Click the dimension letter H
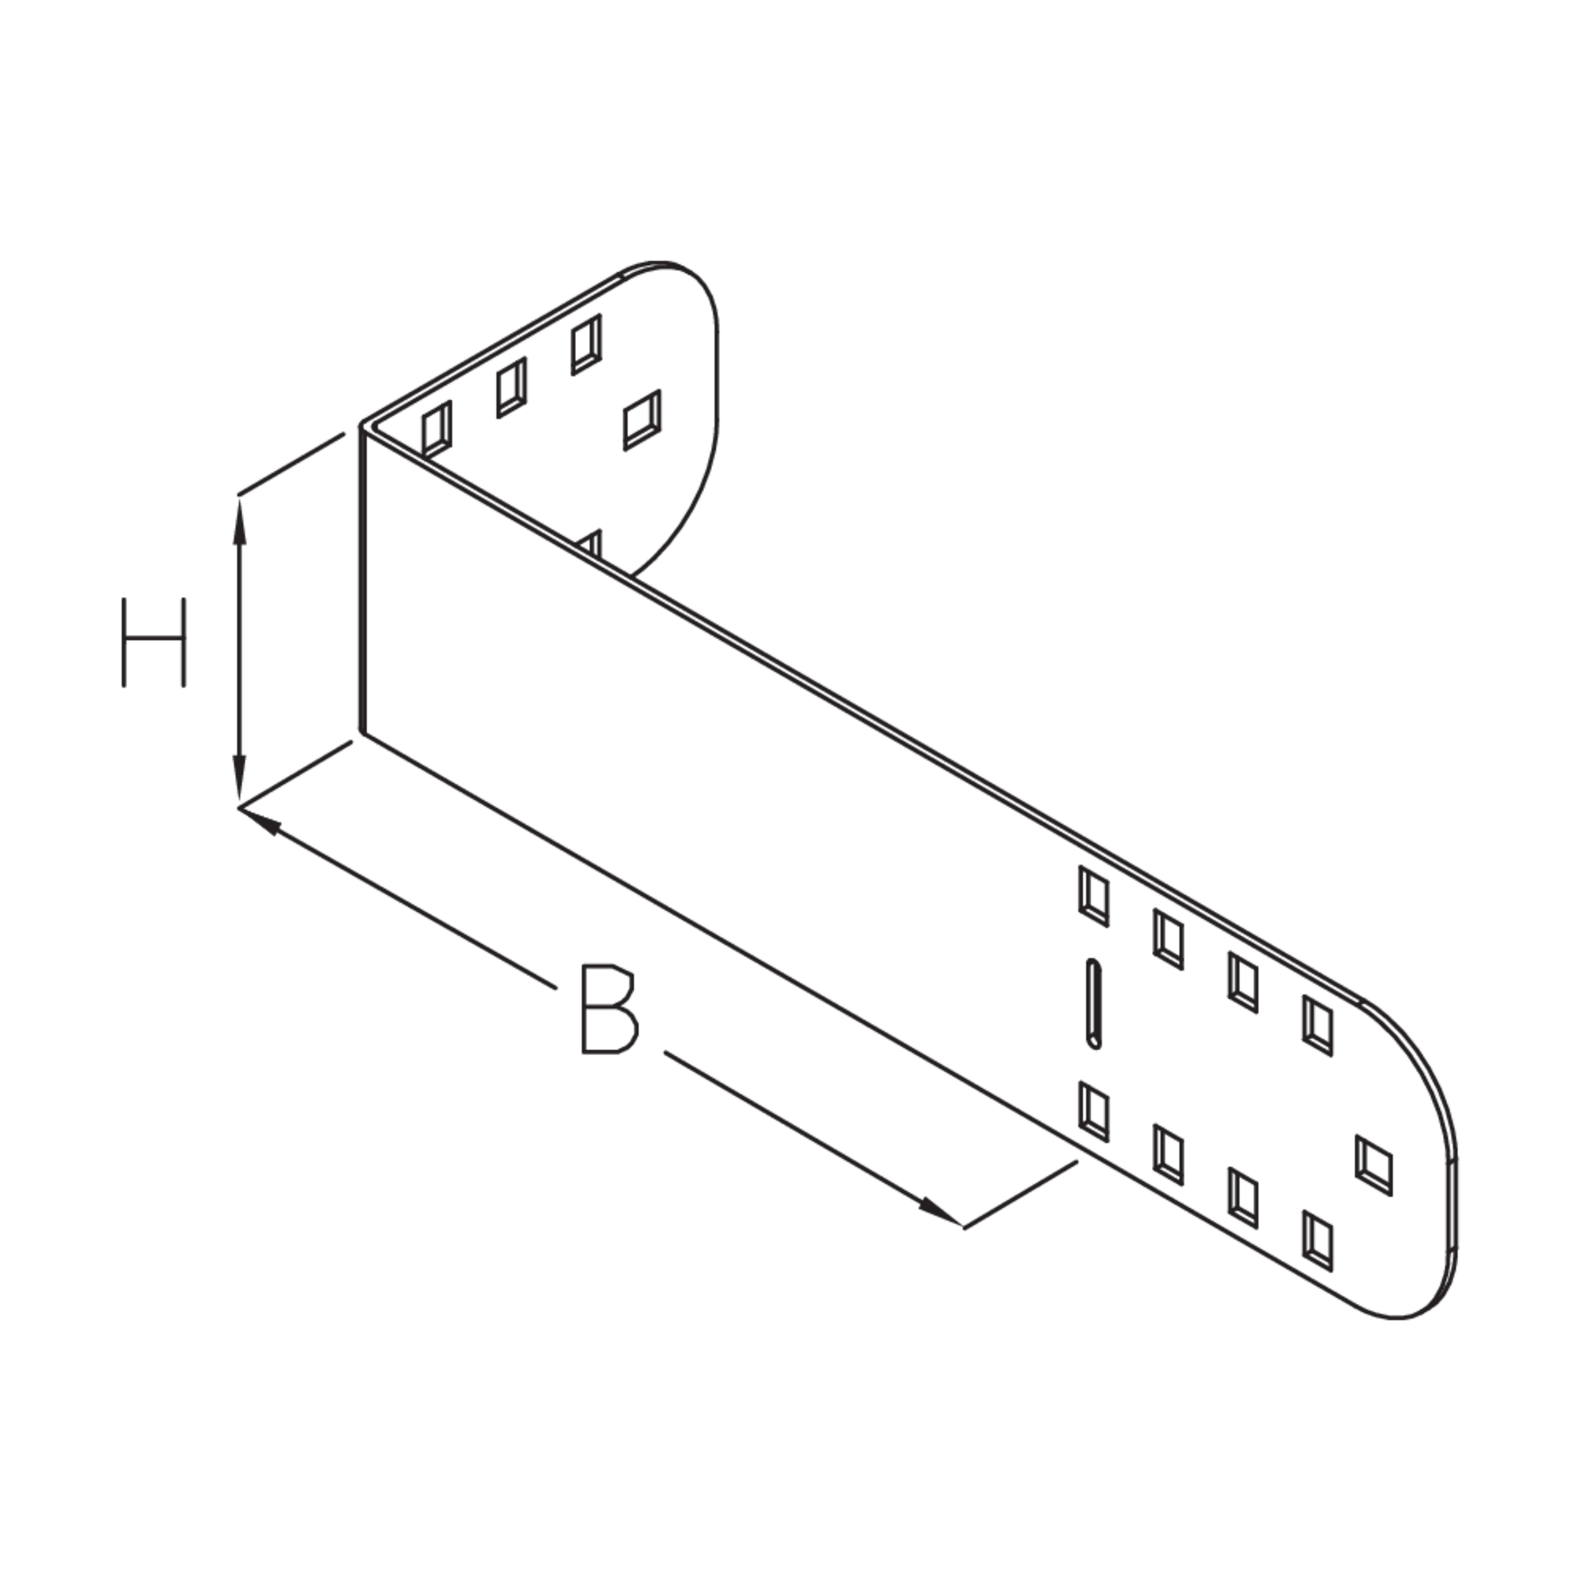(x=154, y=643)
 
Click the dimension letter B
(x=609, y=1010)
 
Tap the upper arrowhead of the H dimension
(x=240, y=521)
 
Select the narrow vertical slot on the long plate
(x=1094, y=1003)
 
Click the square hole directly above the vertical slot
(x=1094, y=897)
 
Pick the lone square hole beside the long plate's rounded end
(x=1374, y=1165)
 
